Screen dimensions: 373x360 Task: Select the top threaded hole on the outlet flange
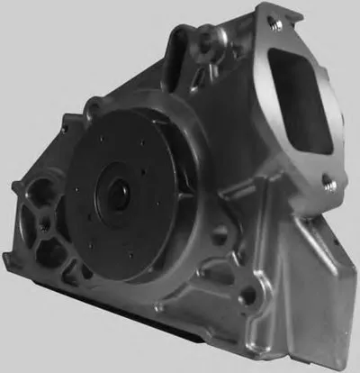coord(276,25)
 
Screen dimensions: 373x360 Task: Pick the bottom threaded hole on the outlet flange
coord(330,184)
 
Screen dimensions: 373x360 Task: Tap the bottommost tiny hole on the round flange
coord(131,257)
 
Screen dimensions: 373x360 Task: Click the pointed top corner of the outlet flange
coord(266,7)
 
